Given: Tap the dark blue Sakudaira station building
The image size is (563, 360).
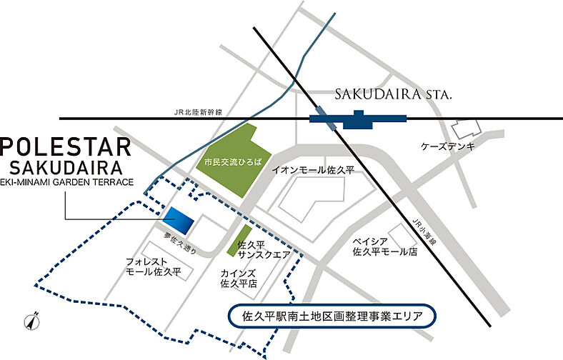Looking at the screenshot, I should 358,118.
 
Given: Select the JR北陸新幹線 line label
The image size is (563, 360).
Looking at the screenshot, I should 198,111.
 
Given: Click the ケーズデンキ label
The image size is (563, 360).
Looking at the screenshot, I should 448,146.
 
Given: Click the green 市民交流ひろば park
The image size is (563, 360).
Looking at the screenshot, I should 226,160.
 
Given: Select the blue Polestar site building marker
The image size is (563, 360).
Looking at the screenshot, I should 178,221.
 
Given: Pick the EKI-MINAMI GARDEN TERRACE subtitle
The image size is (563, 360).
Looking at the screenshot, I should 67,183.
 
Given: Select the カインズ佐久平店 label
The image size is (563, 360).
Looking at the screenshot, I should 240,278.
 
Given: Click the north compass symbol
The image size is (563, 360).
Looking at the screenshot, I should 30,323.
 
